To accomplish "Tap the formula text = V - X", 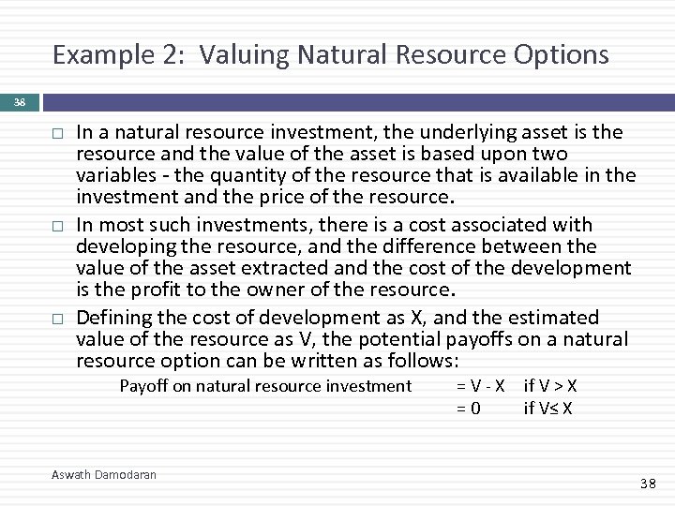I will point(480,386).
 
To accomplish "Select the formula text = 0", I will point(469,408).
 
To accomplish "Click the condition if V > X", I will point(550,386).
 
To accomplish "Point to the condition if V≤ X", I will point(548,408).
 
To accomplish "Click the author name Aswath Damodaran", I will point(104,475).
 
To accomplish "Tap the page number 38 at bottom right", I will point(648,484).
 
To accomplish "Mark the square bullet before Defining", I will point(57,319).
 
